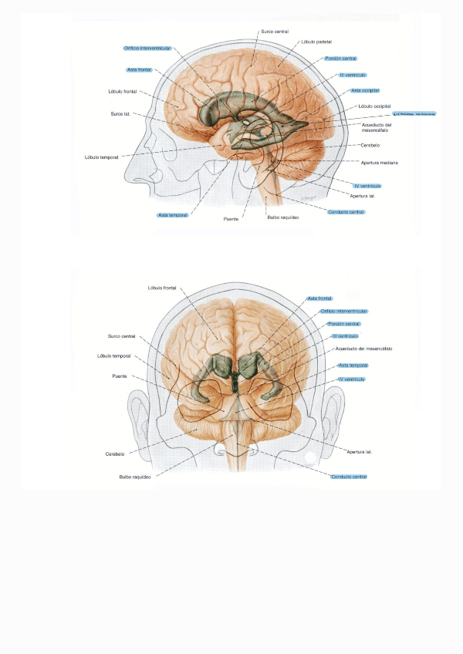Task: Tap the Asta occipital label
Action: (363, 89)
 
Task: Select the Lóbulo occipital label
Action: (375, 106)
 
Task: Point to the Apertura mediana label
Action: (379, 163)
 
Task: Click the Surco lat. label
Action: (121, 114)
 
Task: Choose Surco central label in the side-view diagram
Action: (275, 31)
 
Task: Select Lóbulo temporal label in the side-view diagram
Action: (101, 157)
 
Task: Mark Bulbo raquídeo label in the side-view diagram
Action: (282, 218)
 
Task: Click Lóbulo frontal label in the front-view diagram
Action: (161, 288)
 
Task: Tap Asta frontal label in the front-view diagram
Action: (319, 298)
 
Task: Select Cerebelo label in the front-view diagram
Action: (115, 453)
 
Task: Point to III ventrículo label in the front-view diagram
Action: (345, 336)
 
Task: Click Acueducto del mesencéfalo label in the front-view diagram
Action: (363, 349)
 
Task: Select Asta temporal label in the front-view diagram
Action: (353, 365)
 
